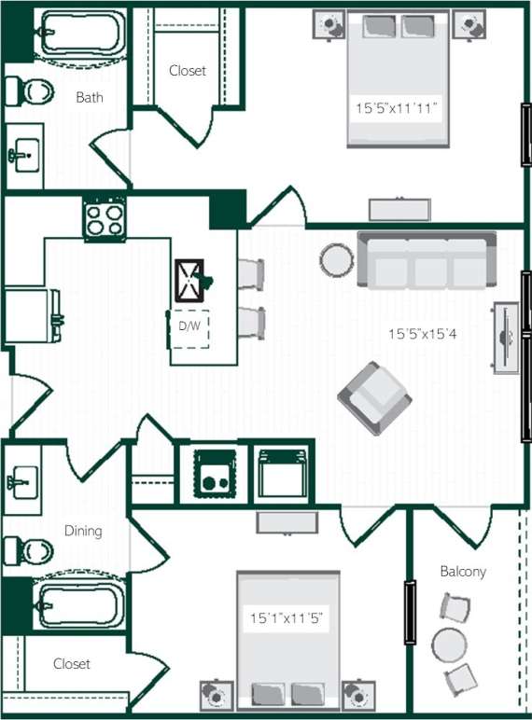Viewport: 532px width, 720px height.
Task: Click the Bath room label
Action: click(x=90, y=96)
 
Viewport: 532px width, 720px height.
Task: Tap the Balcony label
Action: click(x=463, y=571)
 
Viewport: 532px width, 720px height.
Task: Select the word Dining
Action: click(x=83, y=531)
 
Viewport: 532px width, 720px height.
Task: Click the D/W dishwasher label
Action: click(x=190, y=325)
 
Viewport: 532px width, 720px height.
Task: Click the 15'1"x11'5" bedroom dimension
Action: click(x=287, y=617)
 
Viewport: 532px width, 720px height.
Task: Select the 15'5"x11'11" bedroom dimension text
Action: click(x=397, y=108)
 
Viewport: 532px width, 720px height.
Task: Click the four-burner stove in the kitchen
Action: click(x=105, y=220)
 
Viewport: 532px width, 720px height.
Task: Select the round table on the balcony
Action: click(x=449, y=644)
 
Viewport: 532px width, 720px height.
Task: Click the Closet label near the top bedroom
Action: click(x=188, y=70)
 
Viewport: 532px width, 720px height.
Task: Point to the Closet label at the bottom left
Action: click(x=72, y=664)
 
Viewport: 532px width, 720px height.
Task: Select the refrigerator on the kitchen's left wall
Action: click(x=33, y=314)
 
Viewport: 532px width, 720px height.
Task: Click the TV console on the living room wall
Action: click(x=506, y=338)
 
